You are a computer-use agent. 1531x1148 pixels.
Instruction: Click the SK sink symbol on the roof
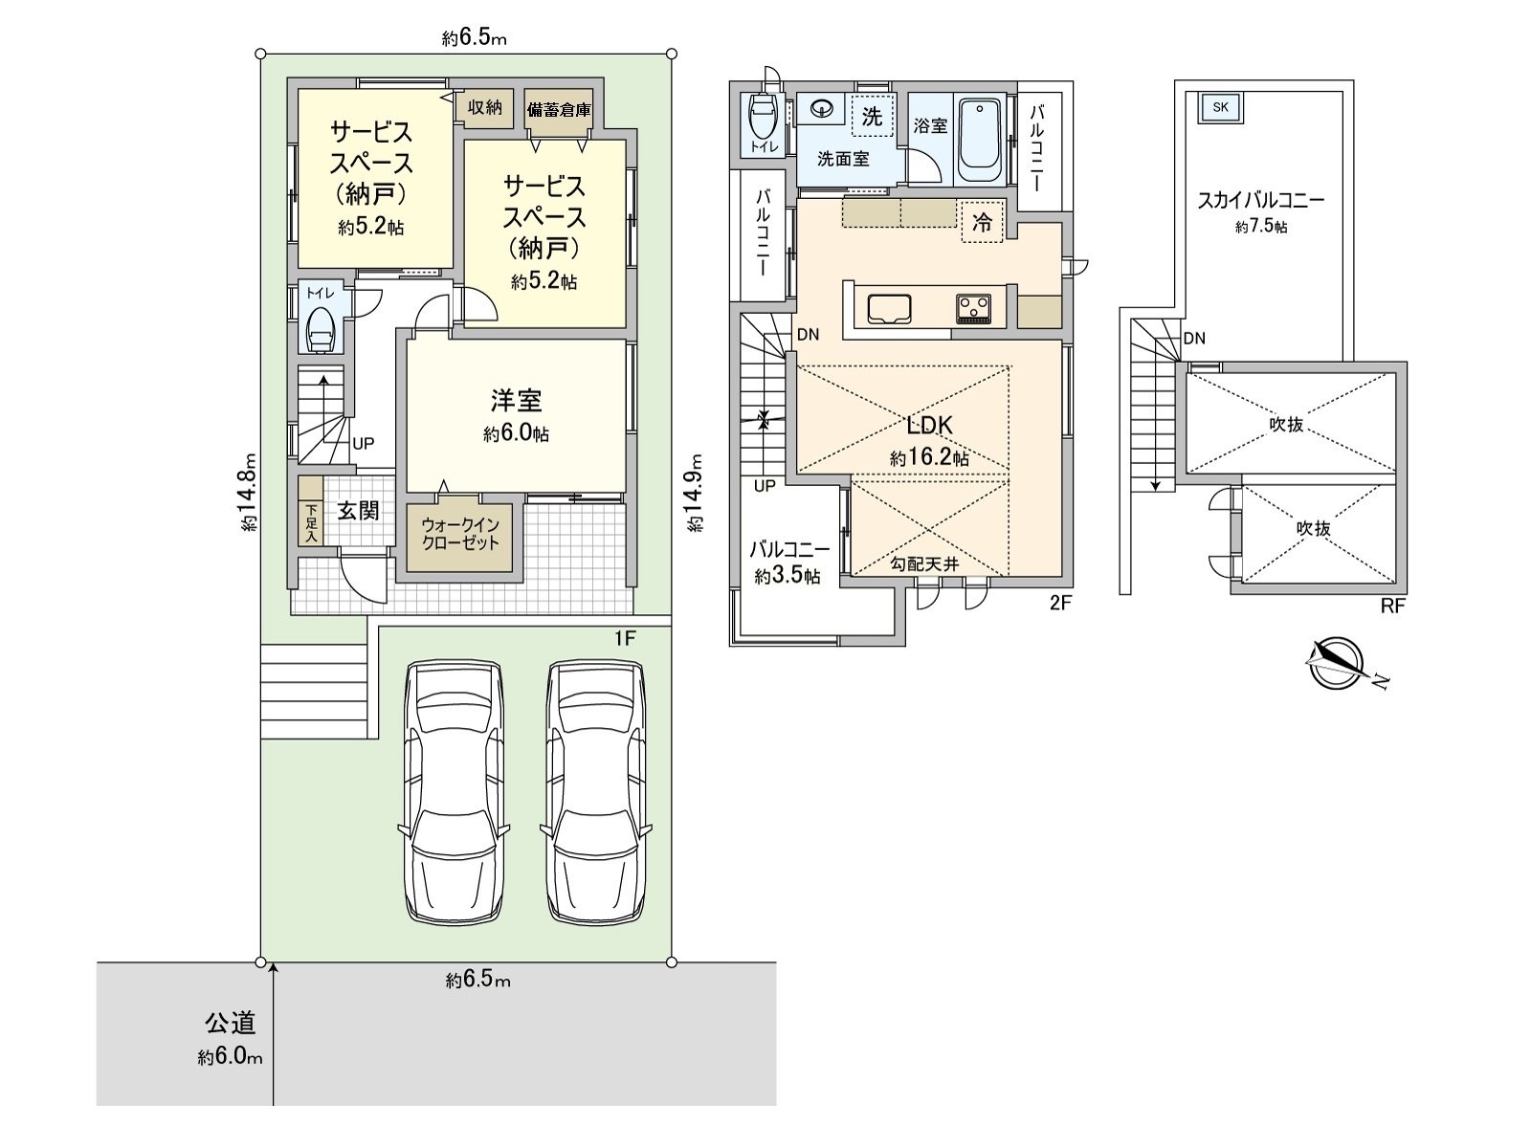[1220, 108]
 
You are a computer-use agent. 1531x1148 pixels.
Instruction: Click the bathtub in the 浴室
[979, 142]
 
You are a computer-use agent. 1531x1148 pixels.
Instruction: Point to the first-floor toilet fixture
[322, 330]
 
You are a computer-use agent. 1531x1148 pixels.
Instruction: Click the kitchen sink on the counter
[889, 310]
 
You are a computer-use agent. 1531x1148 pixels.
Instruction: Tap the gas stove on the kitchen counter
[974, 309]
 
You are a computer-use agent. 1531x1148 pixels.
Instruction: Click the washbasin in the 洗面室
[825, 108]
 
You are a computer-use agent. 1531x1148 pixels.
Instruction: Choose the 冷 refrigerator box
[982, 222]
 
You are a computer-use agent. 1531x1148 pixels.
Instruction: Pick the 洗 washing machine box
[872, 116]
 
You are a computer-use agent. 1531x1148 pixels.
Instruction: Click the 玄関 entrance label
[359, 511]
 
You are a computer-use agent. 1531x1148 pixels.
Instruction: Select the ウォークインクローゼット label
[460, 534]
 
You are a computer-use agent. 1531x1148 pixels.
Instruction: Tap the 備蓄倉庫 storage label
[559, 109]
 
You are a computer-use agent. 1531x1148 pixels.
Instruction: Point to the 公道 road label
[231, 1024]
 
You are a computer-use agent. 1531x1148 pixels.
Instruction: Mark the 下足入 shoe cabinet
[310, 511]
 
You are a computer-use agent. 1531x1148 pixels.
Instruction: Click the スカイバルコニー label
[1260, 201]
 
